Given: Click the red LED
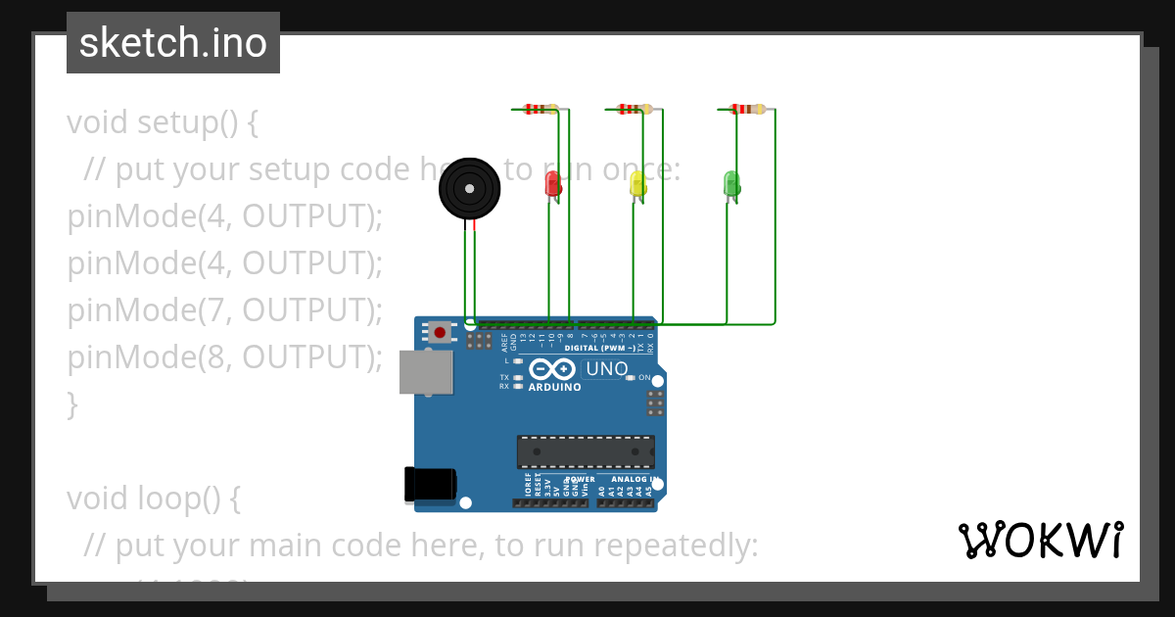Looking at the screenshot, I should (552, 183).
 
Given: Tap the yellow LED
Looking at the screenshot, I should (637, 183).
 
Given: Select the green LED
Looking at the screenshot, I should (731, 182).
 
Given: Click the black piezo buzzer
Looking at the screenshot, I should (470, 189).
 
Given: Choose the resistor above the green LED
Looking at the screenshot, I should (748, 109).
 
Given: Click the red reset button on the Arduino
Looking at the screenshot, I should (441, 333).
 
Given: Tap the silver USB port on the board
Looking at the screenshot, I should (426, 372).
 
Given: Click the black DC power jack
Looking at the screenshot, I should (431, 484).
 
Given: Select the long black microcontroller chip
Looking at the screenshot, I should (586, 451).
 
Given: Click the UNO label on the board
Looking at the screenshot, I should (606, 369).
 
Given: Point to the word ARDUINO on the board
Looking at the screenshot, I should (554, 387).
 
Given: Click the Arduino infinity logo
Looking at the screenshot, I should (553, 370).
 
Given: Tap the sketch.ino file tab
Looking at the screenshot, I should (173, 43).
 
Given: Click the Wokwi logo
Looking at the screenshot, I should (1041, 540).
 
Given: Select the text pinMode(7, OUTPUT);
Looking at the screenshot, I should (225, 310).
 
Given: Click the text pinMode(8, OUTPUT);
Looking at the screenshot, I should (225, 357).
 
